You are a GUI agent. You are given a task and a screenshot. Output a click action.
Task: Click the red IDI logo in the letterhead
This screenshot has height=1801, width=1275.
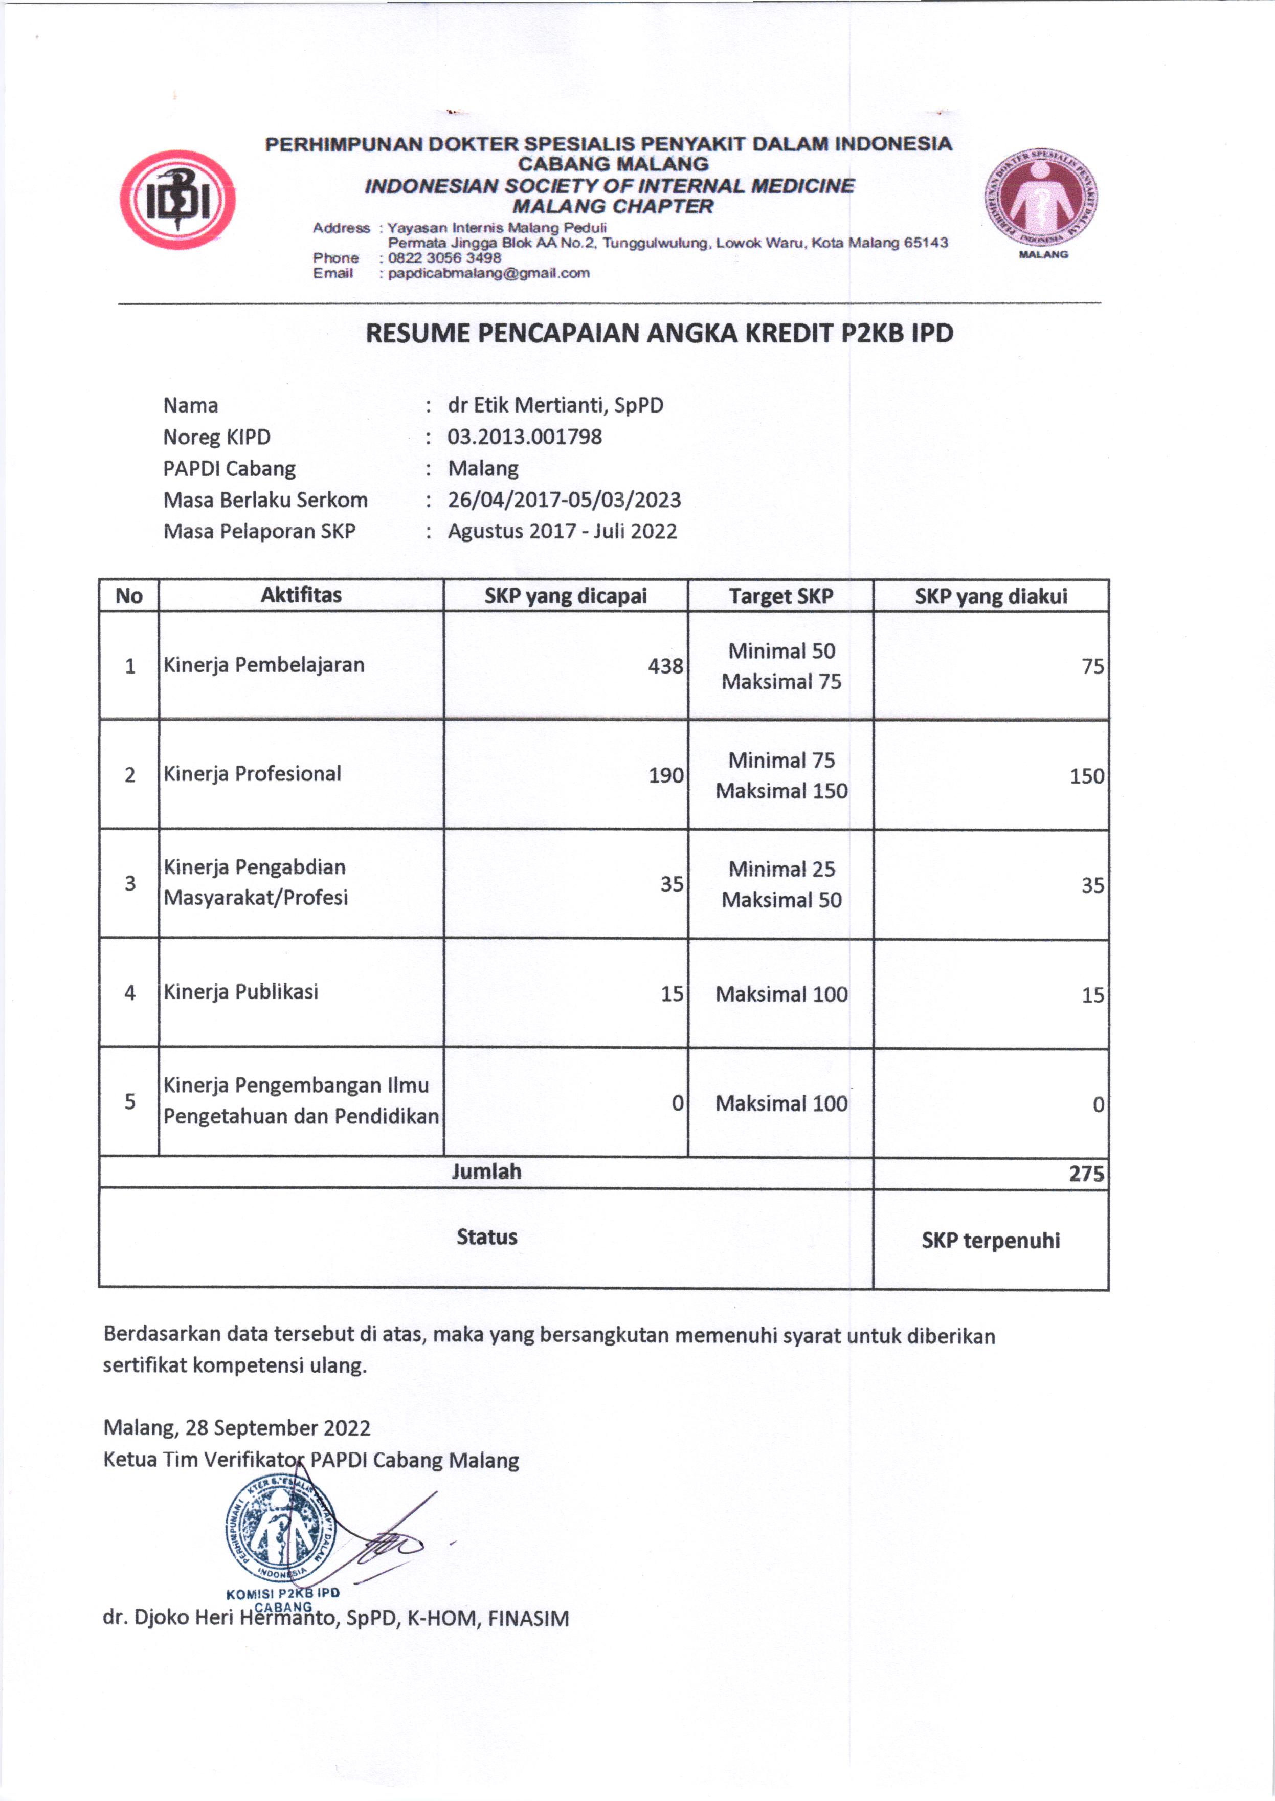point(177,200)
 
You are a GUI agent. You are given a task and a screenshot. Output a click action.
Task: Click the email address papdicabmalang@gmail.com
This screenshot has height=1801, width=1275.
point(488,273)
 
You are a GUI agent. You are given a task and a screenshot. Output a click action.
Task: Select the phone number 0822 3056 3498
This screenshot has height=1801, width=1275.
point(444,257)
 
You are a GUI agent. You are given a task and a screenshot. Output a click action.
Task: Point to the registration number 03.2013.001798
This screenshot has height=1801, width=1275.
point(524,437)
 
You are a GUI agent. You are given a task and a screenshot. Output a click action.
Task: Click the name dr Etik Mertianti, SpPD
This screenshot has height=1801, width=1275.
point(555,405)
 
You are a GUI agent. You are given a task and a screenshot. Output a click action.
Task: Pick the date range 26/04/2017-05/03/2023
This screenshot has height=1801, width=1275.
point(564,500)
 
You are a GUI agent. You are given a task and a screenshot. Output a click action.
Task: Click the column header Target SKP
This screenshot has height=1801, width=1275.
point(780,596)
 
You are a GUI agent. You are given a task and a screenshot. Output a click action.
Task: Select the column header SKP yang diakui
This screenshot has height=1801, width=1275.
point(990,596)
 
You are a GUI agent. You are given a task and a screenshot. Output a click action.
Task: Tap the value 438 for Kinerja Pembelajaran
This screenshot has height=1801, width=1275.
point(665,666)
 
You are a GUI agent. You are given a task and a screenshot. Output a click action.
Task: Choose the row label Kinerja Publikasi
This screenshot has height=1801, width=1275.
point(240,992)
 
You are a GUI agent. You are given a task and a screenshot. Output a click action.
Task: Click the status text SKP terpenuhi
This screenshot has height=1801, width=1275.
point(990,1240)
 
